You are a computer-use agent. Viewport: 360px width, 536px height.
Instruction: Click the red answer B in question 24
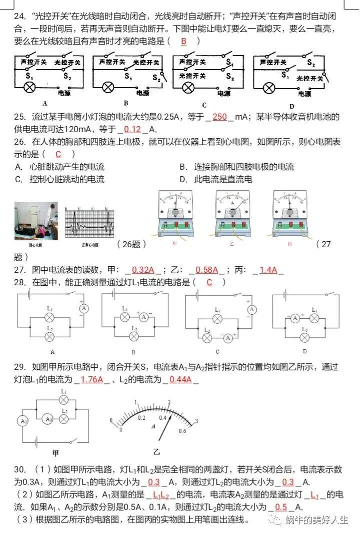click(183, 42)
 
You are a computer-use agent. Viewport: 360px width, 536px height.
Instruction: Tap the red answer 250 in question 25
click(220, 117)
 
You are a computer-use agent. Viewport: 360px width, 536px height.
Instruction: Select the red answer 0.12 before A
click(132, 129)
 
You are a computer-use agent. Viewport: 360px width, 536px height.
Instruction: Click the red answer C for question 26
click(58, 154)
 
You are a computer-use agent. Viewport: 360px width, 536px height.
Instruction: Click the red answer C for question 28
click(209, 282)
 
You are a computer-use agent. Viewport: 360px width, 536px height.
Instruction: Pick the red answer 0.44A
click(180, 379)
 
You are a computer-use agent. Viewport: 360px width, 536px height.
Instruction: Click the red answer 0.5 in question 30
click(281, 506)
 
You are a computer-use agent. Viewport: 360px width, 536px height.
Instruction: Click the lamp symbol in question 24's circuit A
click(30, 88)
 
